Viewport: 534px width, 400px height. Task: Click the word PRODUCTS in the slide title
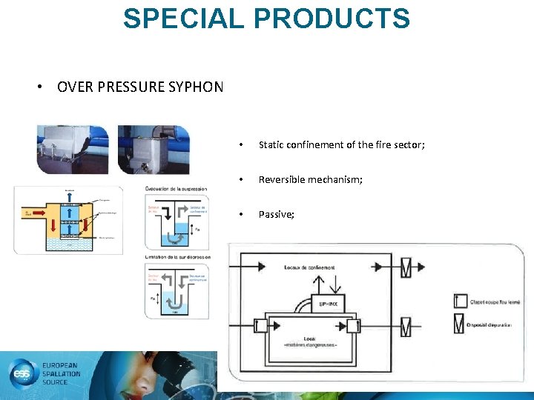(x=327, y=18)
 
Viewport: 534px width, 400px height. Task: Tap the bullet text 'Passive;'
(x=276, y=214)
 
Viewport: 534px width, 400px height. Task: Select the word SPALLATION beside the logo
(x=62, y=375)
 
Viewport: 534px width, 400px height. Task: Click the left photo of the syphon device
(x=73, y=150)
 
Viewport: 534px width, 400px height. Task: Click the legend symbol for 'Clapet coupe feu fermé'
(x=460, y=301)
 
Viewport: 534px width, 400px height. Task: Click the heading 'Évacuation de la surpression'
(x=176, y=189)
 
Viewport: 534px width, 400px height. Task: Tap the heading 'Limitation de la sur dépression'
(x=177, y=256)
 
